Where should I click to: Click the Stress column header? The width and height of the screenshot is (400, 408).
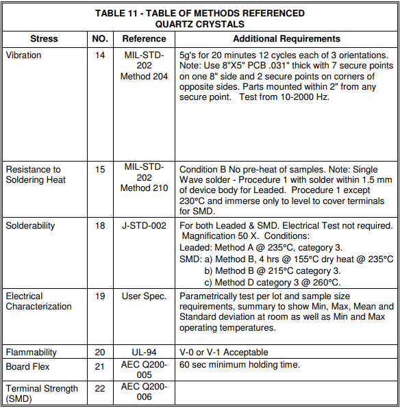(45, 39)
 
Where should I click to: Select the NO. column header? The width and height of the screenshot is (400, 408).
(100, 39)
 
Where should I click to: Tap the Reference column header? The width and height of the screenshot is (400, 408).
(145, 39)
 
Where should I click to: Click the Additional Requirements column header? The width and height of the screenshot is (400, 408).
(286, 39)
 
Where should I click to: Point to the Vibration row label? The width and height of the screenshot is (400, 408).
(24, 55)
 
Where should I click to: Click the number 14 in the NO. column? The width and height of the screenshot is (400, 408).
(100, 55)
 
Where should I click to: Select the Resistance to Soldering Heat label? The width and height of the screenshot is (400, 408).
(34, 175)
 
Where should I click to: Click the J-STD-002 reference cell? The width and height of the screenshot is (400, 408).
(145, 226)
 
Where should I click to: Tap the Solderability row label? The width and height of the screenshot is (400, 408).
(31, 226)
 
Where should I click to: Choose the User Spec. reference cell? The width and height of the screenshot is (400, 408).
(145, 296)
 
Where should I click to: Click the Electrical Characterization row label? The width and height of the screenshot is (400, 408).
(39, 301)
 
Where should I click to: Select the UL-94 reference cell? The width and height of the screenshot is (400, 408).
(145, 353)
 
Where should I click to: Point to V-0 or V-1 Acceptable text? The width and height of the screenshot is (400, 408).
(224, 353)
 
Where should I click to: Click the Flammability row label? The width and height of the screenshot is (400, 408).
(32, 353)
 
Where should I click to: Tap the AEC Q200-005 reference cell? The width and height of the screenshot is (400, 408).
(145, 370)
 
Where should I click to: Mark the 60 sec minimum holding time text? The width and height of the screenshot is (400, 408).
(240, 366)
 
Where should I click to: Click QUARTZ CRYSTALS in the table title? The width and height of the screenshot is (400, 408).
(200, 23)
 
